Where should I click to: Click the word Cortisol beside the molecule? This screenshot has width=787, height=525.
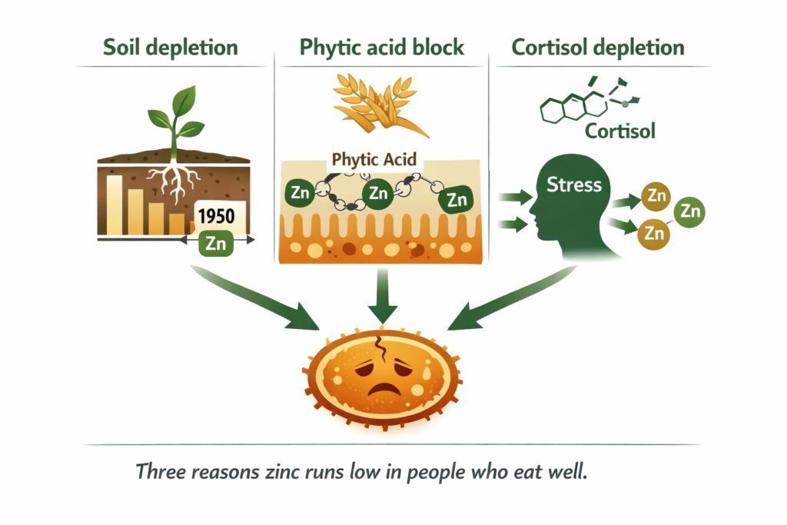pyautogui.click(x=620, y=131)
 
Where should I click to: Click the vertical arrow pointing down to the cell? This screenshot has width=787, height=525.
pyautogui.click(x=381, y=296)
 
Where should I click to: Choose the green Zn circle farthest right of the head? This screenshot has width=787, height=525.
pyautogui.click(x=689, y=210)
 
